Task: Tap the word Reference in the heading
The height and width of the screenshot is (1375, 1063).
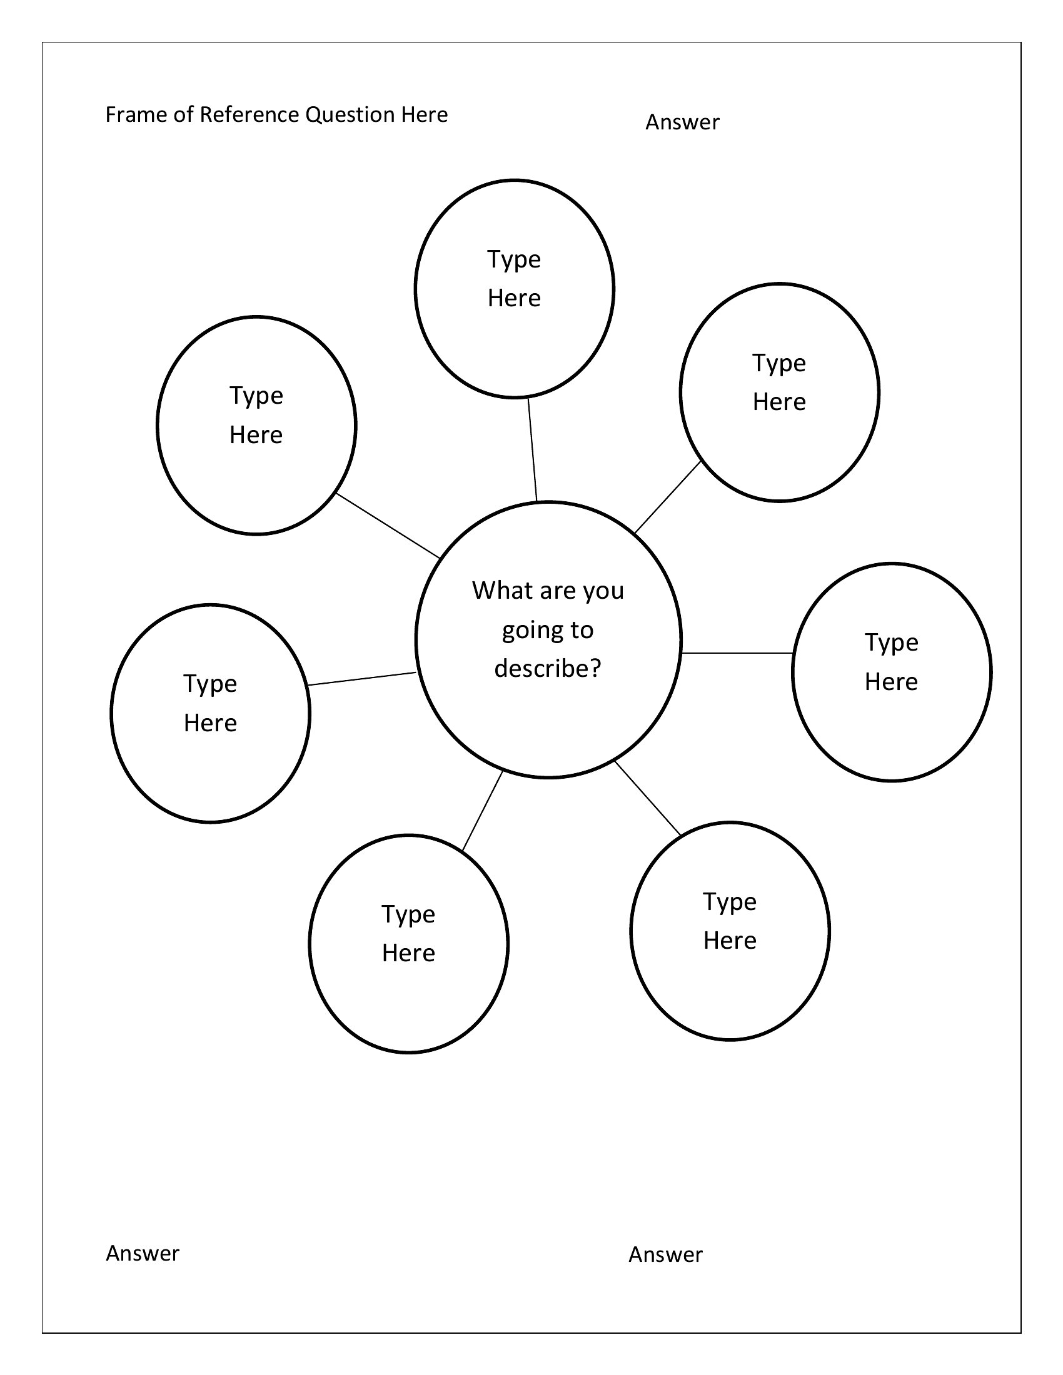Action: coord(249,114)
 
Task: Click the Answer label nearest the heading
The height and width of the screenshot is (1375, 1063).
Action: coord(682,122)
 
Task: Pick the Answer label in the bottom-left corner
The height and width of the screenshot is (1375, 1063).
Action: coord(143,1253)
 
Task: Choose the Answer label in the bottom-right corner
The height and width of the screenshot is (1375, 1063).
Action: coord(665,1254)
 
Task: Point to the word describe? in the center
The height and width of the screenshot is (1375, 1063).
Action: coord(548,668)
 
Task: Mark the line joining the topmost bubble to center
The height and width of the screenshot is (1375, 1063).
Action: coord(533,449)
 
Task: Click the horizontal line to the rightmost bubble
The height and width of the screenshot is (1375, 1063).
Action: coord(737,654)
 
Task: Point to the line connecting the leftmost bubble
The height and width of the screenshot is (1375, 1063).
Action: coord(362,679)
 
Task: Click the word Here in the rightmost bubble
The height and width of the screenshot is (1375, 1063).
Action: coord(891,682)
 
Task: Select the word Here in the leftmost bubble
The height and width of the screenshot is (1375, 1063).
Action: coord(210,723)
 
